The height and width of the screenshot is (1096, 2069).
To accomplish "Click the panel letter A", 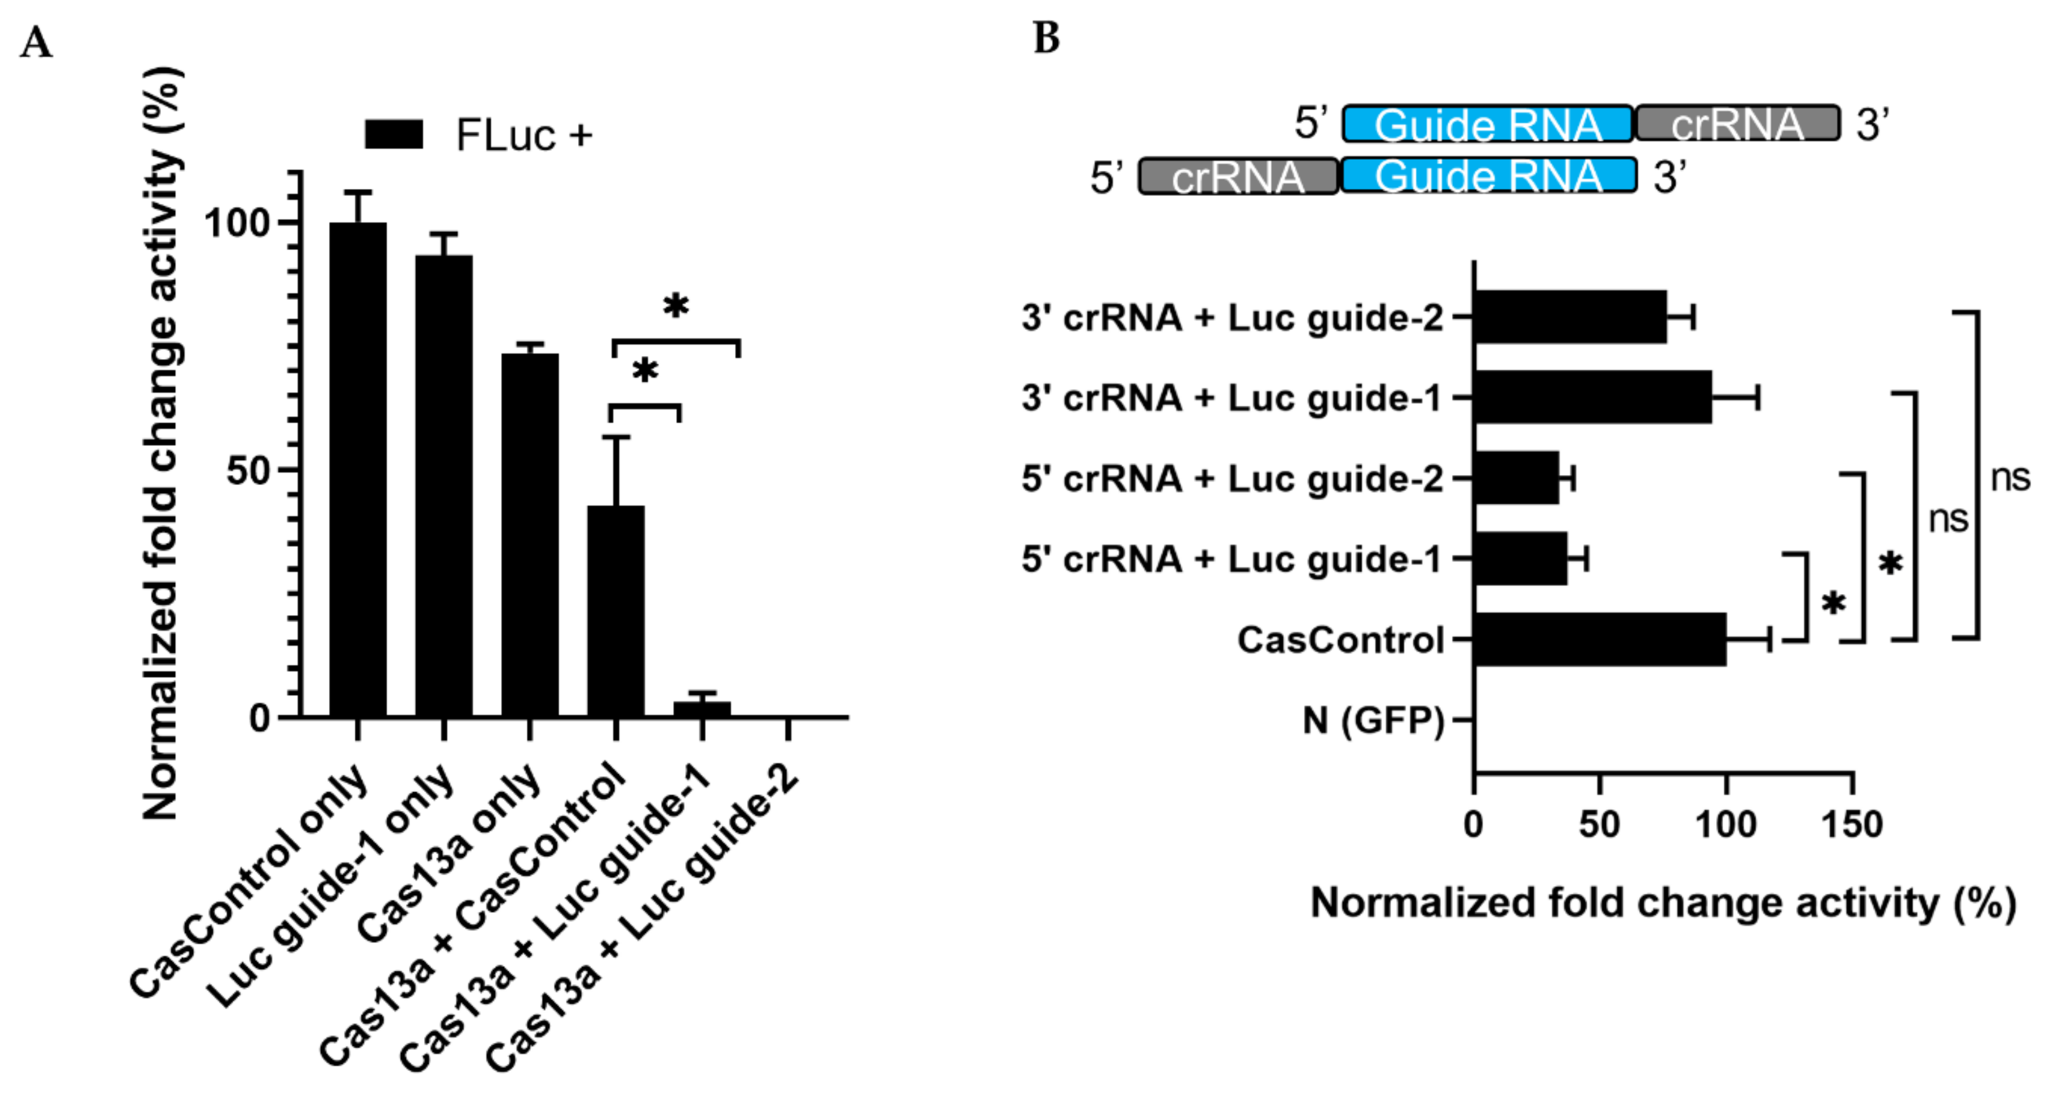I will [36, 43].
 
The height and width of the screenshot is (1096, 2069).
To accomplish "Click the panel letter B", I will [1046, 38].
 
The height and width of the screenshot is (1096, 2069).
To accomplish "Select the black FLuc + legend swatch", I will [394, 134].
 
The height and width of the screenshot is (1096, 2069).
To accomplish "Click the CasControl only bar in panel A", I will [358, 470].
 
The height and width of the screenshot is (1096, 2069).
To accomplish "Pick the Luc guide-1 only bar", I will [443, 486].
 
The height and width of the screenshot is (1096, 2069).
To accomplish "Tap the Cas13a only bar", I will [529, 535].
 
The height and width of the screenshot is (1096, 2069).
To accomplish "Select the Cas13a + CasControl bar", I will [615, 610].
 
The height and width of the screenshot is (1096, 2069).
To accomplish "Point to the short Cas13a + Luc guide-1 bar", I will [702, 709].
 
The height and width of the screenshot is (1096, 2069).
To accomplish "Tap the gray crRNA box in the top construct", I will [1737, 124].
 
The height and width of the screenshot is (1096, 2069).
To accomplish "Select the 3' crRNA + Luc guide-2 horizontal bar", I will [1570, 317].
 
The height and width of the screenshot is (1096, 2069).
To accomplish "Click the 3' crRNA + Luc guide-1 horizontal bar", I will [1592, 398].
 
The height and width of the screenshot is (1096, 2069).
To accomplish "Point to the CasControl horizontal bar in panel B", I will [1599, 639].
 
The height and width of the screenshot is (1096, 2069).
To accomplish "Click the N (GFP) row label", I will [1373, 720].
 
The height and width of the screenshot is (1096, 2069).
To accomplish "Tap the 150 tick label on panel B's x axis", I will [1851, 824].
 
